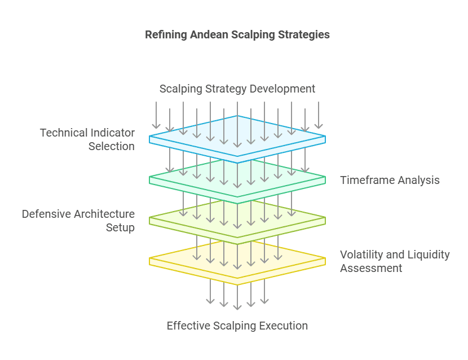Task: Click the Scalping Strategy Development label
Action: click(x=237, y=89)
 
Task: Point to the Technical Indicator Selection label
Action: click(x=87, y=139)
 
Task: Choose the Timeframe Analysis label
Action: click(x=390, y=181)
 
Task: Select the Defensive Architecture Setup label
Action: click(x=78, y=221)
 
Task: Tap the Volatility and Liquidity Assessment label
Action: click(x=395, y=261)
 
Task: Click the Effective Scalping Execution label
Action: click(x=237, y=326)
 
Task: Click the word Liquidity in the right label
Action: click(x=429, y=254)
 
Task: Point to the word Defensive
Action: click(x=46, y=214)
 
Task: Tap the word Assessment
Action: click(x=371, y=268)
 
